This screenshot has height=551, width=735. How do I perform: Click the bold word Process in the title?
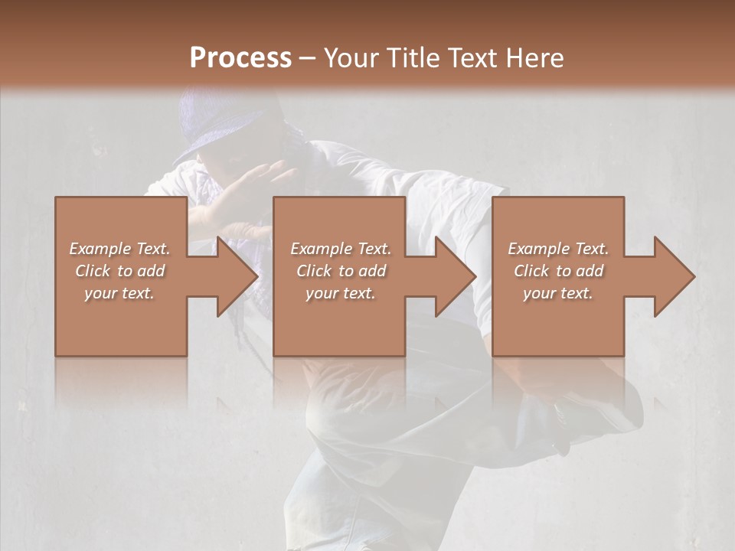tap(240, 58)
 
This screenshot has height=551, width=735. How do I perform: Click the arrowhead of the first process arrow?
tap(237, 276)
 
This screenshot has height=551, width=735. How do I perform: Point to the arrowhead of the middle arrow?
tap(456, 276)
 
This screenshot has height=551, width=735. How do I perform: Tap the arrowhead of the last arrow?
tap(675, 276)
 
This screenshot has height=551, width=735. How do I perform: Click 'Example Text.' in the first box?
tap(120, 249)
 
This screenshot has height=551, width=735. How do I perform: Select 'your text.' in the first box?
tap(120, 293)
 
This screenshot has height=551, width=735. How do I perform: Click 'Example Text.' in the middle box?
tap(341, 249)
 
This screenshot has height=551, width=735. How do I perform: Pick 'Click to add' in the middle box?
tap(341, 271)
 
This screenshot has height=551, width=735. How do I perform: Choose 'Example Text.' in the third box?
tap(558, 249)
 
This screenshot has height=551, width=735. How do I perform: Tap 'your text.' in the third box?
tap(558, 293)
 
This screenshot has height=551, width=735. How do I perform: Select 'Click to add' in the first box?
tap(120, 271)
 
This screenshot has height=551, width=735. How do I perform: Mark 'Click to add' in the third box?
tap(558, 271)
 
